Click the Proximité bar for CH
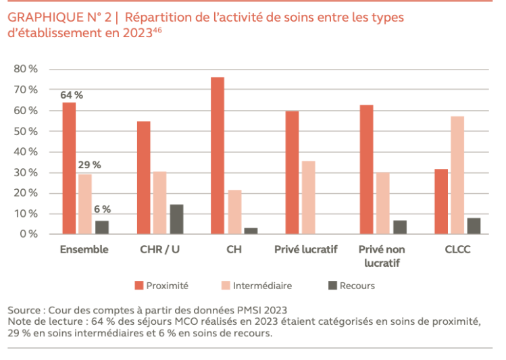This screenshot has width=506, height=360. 218,155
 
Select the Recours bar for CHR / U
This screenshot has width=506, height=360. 176,219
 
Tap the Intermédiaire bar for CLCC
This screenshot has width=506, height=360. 457,175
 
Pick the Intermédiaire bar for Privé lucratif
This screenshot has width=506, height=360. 309,197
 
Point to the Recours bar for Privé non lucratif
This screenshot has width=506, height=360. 400,227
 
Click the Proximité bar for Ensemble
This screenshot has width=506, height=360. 69,168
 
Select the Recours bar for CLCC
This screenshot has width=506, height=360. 474,226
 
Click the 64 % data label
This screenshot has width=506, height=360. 72,95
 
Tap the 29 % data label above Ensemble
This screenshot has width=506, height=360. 89,165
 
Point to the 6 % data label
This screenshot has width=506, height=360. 102,209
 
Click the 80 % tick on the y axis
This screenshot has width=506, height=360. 26,69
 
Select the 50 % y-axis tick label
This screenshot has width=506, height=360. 26,131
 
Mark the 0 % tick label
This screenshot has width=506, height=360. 29,234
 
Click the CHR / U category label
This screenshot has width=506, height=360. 159,249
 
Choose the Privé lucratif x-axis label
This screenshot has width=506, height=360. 305,249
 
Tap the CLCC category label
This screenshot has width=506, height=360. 457,249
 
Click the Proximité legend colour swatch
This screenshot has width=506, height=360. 139,286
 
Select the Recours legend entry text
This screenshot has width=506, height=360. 357,286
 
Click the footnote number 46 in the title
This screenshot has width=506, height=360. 157,30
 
